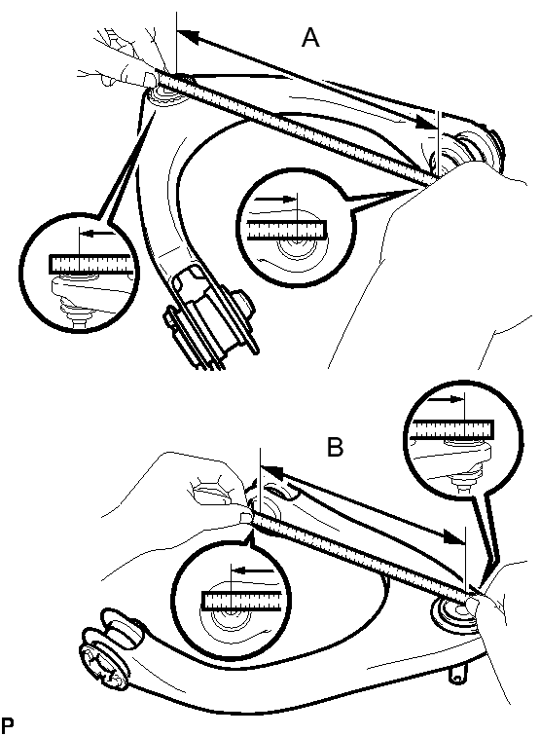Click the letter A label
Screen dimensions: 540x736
[310, 38]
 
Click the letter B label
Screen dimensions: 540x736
[335, 447]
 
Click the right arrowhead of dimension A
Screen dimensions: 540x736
[427, 123]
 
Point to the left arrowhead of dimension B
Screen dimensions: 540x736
[270, 472]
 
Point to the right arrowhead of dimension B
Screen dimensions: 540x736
[453, 536]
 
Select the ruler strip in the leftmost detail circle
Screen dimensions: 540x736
[90, 264]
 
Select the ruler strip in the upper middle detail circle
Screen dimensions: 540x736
[287, 230]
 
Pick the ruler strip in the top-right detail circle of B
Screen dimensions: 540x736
[451, 430]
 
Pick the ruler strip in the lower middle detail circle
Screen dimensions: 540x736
[242, 602]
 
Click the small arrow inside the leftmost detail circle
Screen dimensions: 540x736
[97, 233]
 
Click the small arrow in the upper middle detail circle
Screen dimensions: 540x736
[275, 199]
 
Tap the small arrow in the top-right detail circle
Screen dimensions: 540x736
[446, 399]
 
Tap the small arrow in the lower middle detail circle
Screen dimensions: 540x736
[252, 571]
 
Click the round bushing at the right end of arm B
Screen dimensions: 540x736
[453, 612]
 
